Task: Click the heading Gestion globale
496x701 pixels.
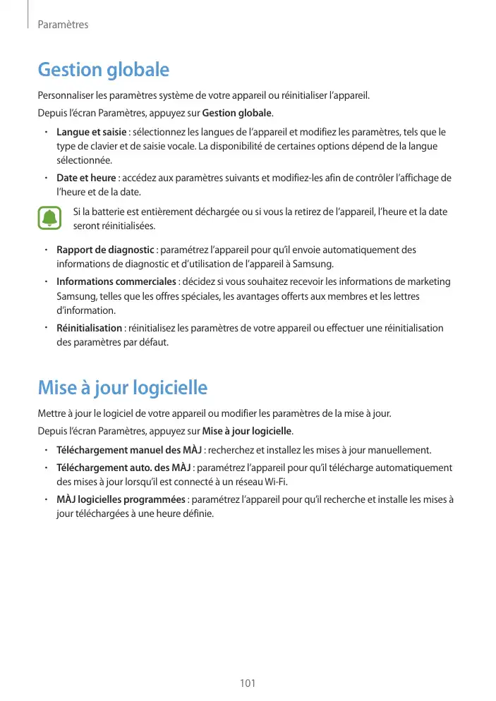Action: [103, 71]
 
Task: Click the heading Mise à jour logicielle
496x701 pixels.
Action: [122, 388]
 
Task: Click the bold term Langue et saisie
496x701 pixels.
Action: [92, 133]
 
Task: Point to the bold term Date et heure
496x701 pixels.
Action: [86, 177]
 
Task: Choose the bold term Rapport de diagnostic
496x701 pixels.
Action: [105, 250]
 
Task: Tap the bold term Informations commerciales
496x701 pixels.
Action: [116, 281]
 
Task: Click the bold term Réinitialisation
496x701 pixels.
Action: [89, 328]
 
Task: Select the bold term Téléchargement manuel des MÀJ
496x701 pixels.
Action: [129, 450]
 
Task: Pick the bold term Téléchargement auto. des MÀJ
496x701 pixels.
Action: [123, 467]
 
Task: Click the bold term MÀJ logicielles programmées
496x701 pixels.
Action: [121, 500]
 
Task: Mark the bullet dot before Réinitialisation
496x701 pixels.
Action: [45, 328]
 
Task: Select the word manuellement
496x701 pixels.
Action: [404, 450]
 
